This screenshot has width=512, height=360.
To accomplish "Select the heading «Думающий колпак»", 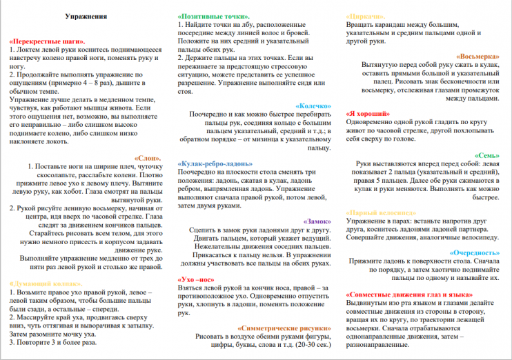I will [x=46, y=283].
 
